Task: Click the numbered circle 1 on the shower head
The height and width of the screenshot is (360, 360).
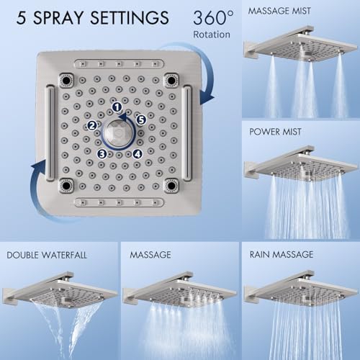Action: [x=117, y=107]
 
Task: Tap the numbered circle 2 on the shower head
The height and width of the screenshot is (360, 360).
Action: [x=91, y=125]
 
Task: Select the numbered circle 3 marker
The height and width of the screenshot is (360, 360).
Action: [x=102, y=154]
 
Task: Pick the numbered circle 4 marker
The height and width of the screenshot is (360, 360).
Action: [x=138, y=154]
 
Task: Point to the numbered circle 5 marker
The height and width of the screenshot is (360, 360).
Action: [x=141, y=120]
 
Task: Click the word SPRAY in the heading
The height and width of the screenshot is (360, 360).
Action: [x=59, y=18]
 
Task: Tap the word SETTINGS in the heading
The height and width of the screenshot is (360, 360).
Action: [x=130, y=18]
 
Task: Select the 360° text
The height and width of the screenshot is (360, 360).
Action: [x=213, y=17]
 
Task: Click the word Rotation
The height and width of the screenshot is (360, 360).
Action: [x=212, y=35]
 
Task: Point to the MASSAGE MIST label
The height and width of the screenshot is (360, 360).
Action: [x=279, y=11]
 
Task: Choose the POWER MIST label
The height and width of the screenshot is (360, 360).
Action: [x=275, y=132]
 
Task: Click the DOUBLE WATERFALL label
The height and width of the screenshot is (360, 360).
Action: [x=47, y=255]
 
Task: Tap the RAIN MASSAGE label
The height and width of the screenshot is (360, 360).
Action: [x=282, y=255]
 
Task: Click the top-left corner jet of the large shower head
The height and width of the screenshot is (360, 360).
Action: [x=66, y=80]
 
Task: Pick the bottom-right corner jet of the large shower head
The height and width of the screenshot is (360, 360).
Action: [x=171, y=185]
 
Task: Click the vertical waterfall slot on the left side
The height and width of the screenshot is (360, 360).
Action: [x=50, y=132]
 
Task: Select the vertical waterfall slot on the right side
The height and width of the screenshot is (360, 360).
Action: [x=186, y=132]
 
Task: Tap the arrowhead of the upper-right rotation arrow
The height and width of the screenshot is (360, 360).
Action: [x=207, y=98]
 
